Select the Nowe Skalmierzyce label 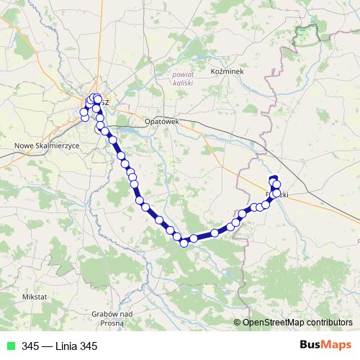(x=47, y=145)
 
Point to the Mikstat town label (x=34, y=297)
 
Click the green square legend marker (x=10, y=346)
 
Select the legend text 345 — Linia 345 (x=59, y=346)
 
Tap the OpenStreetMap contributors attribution (x=297, y=323)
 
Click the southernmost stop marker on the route (x=184, y=243)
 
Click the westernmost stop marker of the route (x=84, y=112)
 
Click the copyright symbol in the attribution (x=238, y=323)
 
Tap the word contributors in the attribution (x=329, y=323)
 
